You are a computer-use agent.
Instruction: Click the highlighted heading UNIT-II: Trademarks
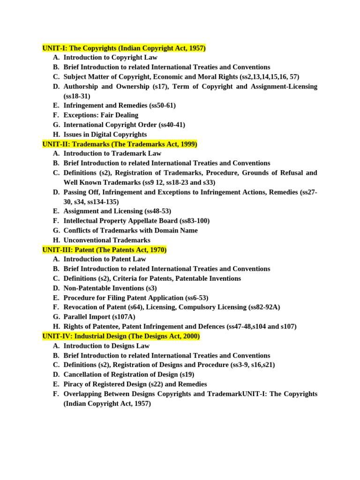pyautogui.click(x=120, y=144)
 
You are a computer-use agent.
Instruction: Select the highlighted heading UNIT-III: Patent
pyautogui.click(x=104, y=250)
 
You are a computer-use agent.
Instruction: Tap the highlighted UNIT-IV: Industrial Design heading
pyautogui.click(x=121, y=336)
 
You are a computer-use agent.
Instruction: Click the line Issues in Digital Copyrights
pyautogui.click(x=105, y=135)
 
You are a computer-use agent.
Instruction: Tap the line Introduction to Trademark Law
pyautogui.click(x=112, y=153)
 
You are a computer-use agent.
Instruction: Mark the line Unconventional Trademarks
pyautogui.click(x=107, y=240)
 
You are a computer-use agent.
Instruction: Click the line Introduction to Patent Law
pyautogui.click(x=105, y=259)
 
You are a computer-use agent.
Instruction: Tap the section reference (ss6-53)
pyautogui.click(x=197, y=298)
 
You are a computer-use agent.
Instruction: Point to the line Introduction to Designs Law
pyautogui.click(x=106, y=345)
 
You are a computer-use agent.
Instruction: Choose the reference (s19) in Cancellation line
pyautogui.click(x=187, y=375)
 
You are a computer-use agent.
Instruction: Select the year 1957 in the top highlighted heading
pyautogui.click(x=197, y=48)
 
